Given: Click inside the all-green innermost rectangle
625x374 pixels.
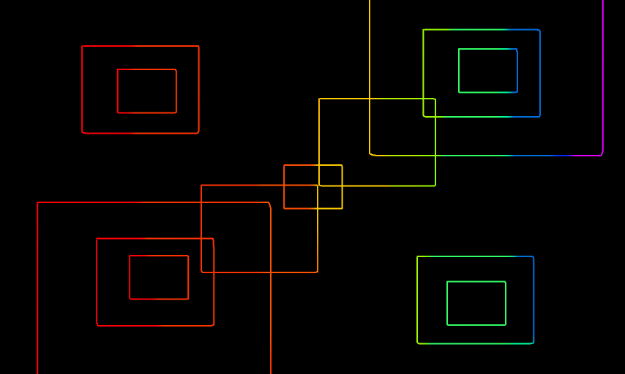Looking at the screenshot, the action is (x=476, y=303).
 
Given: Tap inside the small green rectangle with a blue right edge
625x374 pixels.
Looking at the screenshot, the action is (x=488, y=70).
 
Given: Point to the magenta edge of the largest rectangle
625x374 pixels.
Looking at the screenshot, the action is (x=603, y=73).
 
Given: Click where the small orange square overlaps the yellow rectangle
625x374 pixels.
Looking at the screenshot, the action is (x=331, y=176).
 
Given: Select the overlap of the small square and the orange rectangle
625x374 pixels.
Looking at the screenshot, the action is (x=301, y=196).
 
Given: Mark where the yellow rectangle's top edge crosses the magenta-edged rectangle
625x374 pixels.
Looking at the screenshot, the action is (x=370, y=99).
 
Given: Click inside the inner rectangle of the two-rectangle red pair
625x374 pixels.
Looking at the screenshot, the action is (x=147, y=91).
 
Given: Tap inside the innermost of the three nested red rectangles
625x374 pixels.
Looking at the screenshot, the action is (x=159, y=278).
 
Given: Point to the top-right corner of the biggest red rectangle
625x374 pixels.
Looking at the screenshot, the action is (x=270, y=203).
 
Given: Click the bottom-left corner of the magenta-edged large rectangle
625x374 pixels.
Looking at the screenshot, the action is (x=370, y=155).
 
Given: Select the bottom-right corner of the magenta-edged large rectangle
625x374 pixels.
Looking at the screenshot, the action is (x=602, y=155).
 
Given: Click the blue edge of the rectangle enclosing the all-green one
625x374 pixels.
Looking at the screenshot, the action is (x=534, y=299).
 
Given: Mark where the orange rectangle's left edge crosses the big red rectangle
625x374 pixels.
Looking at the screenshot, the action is (x=201, y=202).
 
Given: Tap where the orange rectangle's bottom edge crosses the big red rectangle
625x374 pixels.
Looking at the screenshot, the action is (x=271, y=272).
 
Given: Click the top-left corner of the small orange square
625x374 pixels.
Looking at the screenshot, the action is (x=284, y=165).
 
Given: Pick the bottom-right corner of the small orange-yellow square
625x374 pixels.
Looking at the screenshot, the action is (x=342, y=208).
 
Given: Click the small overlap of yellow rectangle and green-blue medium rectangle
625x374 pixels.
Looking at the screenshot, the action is (x=430, y=107).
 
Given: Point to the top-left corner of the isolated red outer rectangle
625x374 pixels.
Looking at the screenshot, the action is (x=82, y=46).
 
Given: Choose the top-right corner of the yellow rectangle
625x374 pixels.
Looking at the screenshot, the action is (x=435, y=99).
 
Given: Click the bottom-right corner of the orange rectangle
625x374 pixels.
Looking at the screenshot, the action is (x=318, y=272).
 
